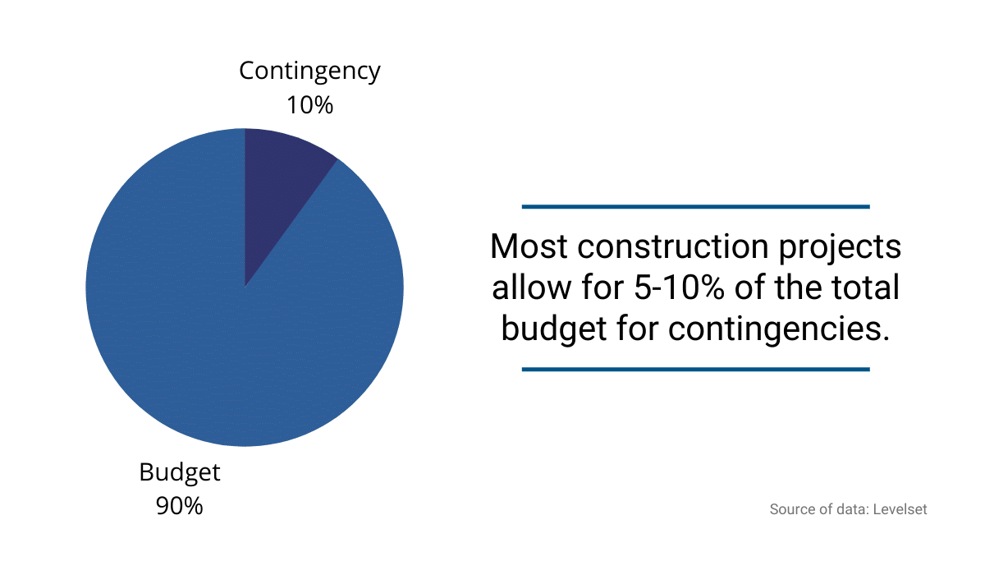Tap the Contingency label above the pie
pos(309,71)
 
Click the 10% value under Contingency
pos(309,105)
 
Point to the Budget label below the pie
pos(180,472)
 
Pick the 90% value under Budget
pos(180,506)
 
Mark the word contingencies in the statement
pos(778,329)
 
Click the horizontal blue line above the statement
pos(695,206)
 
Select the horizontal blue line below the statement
pos(695,370)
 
